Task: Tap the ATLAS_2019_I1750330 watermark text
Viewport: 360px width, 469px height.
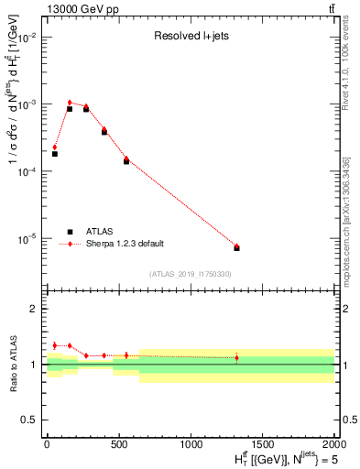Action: (190, 274)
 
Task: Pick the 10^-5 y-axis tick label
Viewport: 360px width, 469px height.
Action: (27, 239)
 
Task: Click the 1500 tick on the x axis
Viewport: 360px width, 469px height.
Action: (263, 442)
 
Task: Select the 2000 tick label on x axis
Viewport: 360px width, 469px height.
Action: (333, 442)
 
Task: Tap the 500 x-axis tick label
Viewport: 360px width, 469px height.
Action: (118, 442)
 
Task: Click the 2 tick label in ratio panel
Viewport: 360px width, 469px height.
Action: (34, 309)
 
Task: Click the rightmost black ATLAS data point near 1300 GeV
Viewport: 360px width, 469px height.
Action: (236, 248)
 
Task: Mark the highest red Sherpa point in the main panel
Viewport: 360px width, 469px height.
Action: (70, 103)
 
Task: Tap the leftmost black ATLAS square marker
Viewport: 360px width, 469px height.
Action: (55, 154)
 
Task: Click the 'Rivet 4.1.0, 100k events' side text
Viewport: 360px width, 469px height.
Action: (347, 82)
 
